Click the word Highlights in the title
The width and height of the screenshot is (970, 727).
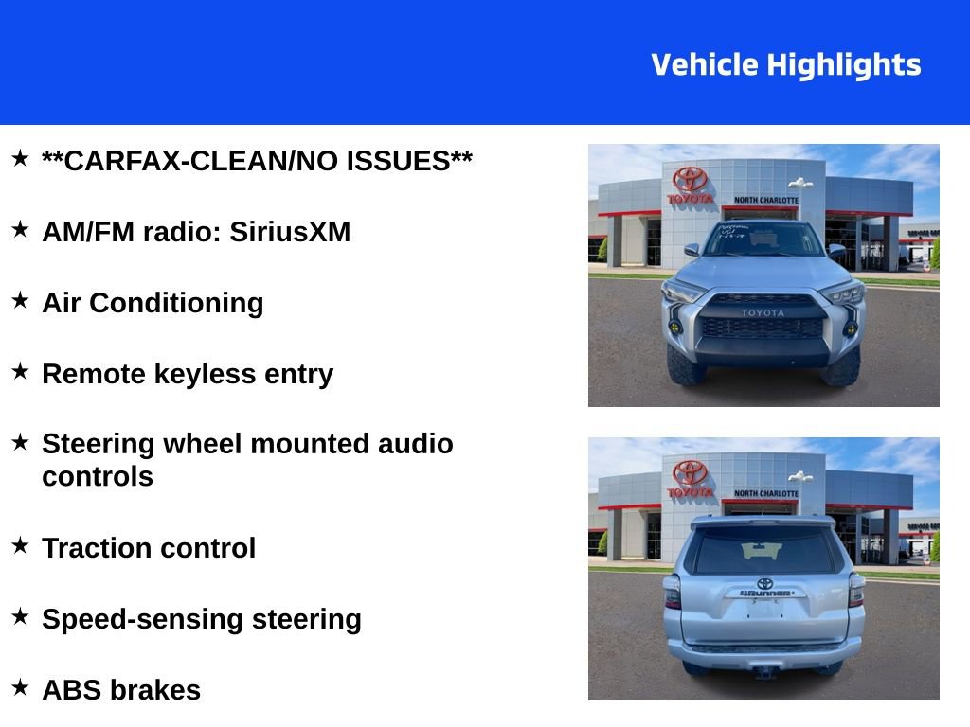tap(843, 65)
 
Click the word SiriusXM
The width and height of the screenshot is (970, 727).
tap(290, 232)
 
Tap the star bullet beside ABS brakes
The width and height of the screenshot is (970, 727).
tap(20, 687)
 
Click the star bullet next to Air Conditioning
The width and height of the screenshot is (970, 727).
tap(20, 300)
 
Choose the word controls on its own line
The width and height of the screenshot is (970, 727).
tap(98, 476)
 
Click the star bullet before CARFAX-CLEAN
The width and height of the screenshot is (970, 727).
tap(20, 158)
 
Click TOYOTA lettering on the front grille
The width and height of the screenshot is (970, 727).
tap(763, 313)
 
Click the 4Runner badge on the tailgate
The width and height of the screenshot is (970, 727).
tap(764, 594)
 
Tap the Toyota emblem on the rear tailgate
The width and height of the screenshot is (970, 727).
tap(764, 583)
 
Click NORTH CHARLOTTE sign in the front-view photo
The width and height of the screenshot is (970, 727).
tap(766, 201)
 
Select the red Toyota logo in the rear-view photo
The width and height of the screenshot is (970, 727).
tap(691, 472)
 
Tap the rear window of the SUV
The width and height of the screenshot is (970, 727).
tap(764, 551)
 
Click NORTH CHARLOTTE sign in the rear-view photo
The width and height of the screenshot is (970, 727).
tap(766, 494)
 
